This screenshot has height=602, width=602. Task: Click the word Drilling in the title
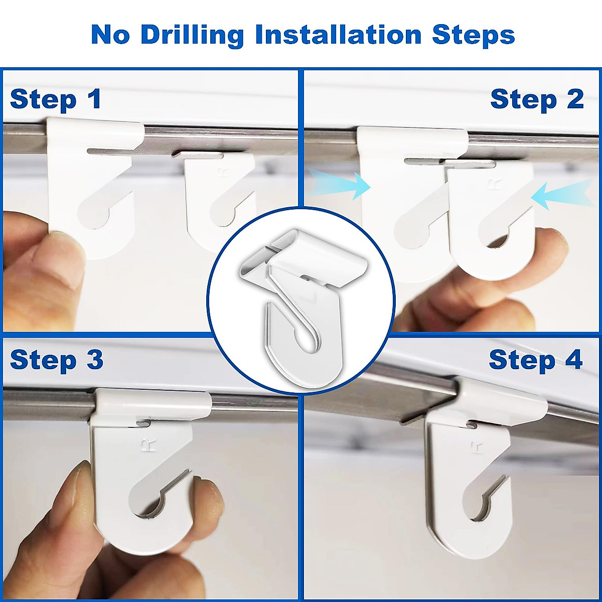pyautogui.click(x=192, y=35)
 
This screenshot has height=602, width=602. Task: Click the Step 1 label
pyautogui.click(x=56, y=99)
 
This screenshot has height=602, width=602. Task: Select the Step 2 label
pyautogui.click(x=537, y=99)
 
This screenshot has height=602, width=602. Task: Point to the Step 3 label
pyautogui.click(x=56, y=360)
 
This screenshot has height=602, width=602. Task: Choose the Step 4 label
pyautogui.click(x=535, y=360)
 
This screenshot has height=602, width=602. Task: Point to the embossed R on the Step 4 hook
pyautogui.click(x=475, y=447)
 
